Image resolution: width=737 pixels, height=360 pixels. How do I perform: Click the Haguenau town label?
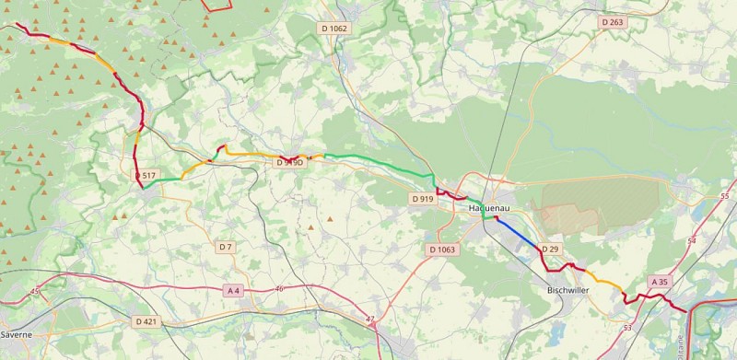pos(489,208)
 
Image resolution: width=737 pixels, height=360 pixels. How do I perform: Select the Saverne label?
pos(17,333)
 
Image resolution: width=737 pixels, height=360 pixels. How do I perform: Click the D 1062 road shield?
pos(334,29)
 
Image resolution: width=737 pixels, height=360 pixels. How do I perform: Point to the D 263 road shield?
pos(612,21)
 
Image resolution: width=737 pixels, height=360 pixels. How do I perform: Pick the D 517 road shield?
pos(145,175)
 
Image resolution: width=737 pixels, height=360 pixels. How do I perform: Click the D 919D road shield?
pos(289,162)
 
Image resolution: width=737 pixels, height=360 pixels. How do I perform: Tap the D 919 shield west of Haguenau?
pos(423,198)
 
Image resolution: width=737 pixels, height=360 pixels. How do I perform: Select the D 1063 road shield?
pos(442,250)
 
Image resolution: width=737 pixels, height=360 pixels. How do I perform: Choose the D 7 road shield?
pos(226,247)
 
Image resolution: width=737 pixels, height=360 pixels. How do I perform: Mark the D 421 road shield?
pos(146,321)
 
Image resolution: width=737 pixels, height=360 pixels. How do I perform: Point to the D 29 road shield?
pos(550,249)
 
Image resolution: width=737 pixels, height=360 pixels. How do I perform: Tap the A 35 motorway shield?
pos(660,281)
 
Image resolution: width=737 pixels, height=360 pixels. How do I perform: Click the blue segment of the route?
pos(516,233)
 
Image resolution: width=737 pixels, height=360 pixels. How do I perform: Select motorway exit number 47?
pos(370,319)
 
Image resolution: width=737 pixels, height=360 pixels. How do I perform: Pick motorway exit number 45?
pos(35,292)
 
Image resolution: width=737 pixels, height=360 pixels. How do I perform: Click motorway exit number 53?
pos(627,328)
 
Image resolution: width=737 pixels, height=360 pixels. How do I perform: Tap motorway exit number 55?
pos(724,196)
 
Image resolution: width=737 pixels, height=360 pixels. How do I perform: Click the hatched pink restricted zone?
pos(599,203)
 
